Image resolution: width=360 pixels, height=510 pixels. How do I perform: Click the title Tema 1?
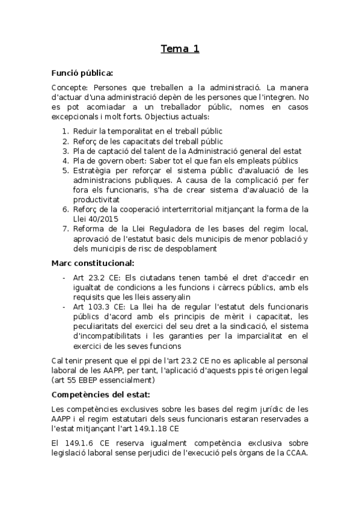coord(180,49)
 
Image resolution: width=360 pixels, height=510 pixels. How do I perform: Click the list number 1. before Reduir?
coord(66,131)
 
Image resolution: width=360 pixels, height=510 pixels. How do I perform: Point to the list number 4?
coord(66,161)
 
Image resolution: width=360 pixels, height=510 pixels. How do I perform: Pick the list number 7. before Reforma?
coord(66,229)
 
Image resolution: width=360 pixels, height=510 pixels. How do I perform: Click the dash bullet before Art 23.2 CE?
coord(64,277)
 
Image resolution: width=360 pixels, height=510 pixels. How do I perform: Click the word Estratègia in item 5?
coord(96,170)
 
